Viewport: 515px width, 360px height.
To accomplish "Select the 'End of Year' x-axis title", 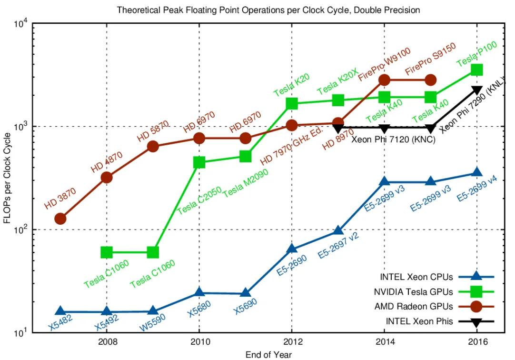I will tap(268, 354).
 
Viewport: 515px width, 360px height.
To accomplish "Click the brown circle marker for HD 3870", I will tap(60, 219).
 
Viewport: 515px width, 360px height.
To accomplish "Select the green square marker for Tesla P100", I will tap(476, 70).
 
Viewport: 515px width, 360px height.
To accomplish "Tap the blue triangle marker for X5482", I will tap(60, 311).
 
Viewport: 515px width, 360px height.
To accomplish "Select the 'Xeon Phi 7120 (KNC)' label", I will tap(393, 140).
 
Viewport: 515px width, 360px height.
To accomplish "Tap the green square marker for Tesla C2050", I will tap(199, 162).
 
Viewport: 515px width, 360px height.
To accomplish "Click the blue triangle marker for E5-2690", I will tap(292, 249).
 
